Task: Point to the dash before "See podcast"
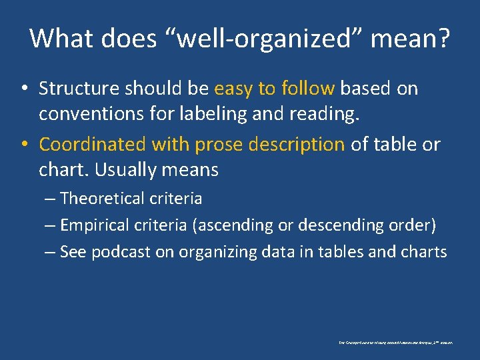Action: [x=51, y=252]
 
